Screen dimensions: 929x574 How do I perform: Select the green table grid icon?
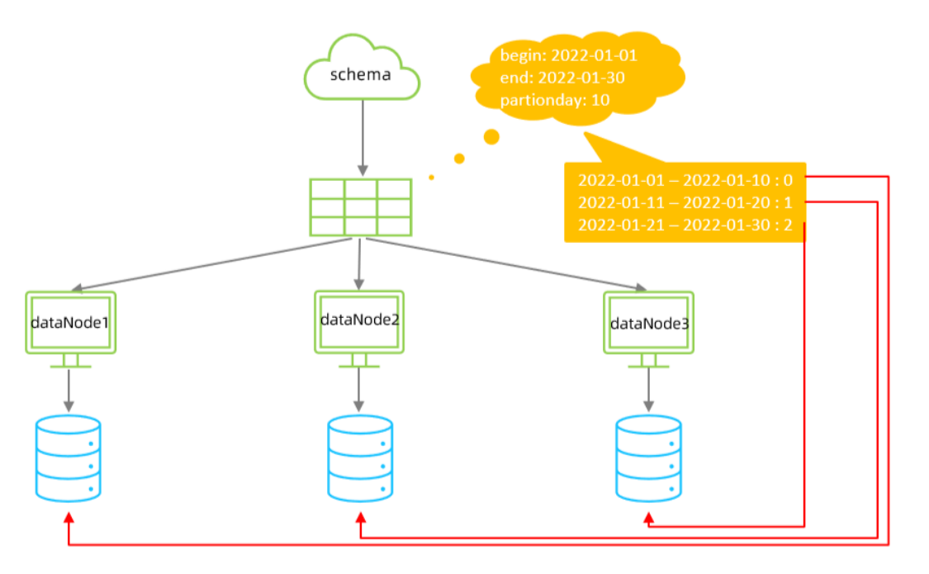click(x=361, y=207)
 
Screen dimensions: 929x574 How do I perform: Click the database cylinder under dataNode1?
click(x=69, y=458)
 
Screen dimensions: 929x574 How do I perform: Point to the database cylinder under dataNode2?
click(x=360, y=458)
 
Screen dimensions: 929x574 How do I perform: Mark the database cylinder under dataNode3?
click(x=649, y=458)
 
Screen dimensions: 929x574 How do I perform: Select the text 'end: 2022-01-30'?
click(x=562, y=78)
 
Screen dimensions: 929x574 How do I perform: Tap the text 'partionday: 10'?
click(x=555, y=99)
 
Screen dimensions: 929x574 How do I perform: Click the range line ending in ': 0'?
click(x=685, y=180)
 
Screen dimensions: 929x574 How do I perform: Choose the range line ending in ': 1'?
click(x=685, y=202)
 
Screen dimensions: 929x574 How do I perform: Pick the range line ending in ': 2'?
click(x=685, y=225)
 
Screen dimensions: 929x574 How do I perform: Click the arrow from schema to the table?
click(x=363, y=138)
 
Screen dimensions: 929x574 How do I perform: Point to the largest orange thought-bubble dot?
click(x=491, y=137)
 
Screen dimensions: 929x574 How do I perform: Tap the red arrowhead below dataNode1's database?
click(x=69, y=518)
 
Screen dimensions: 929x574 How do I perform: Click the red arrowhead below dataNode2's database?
click(x=360, y=518)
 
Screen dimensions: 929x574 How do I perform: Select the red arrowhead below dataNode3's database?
click(x=649, y=519)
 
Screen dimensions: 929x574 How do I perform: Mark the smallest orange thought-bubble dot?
click(x=431, y=178)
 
